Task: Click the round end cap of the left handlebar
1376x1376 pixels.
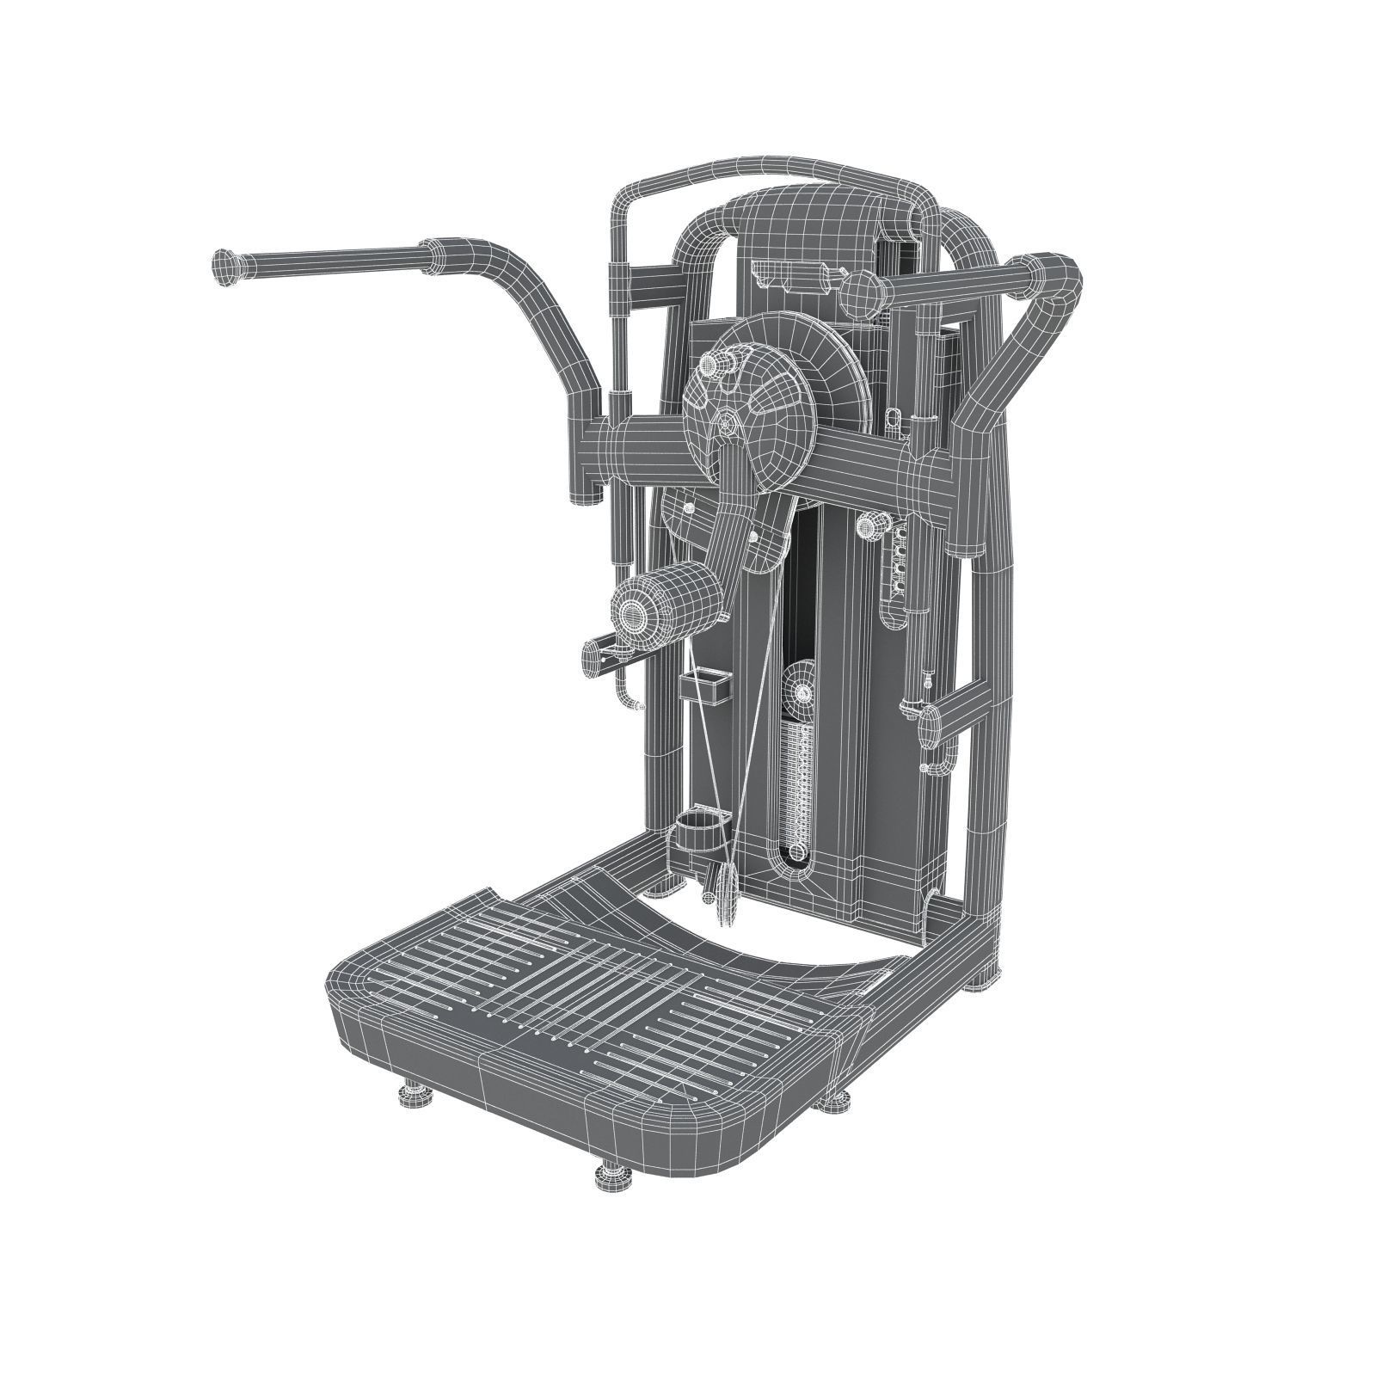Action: [225, 267]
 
